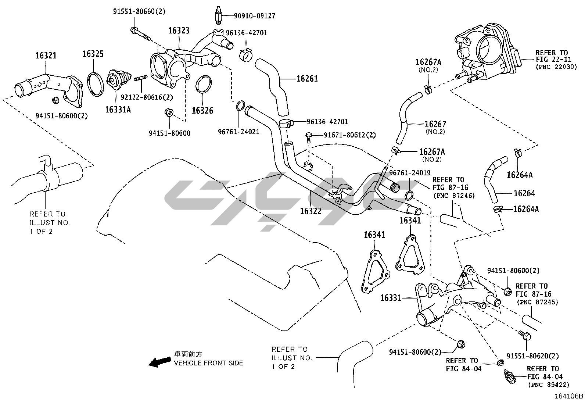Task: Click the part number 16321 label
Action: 46,56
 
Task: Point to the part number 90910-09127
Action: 254,16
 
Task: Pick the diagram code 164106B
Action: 569,396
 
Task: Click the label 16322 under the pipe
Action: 311,211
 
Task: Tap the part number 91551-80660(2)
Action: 139,11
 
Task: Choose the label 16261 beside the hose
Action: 307,78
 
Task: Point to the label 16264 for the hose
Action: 524,193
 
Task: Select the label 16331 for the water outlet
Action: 391,298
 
